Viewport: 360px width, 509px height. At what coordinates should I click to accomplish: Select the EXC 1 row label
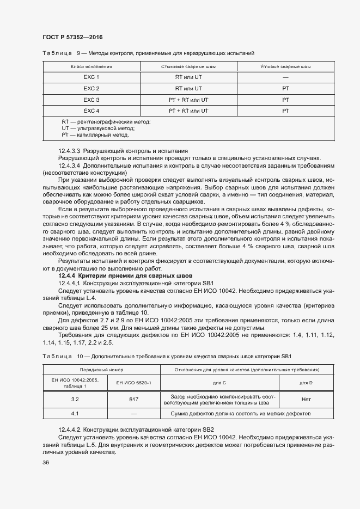point(91,77)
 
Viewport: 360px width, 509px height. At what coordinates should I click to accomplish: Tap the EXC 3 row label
point(91,100)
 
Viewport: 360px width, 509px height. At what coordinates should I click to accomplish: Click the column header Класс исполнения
point(91,66)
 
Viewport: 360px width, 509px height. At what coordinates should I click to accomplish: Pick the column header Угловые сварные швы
point(285,66)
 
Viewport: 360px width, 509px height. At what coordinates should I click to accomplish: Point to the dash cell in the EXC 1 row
point(285,77)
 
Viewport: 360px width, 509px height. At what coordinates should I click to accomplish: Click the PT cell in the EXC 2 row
point(285,89)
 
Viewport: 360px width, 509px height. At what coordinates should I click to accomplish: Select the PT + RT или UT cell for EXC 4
point(188,111)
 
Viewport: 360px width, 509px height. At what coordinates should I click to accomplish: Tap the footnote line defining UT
point(97,128)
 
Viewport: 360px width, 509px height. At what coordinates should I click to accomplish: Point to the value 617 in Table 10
point(133,400)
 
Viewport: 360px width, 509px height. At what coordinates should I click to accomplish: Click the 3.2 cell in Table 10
point(75,400)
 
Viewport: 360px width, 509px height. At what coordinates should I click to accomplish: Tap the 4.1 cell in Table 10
point(75,414)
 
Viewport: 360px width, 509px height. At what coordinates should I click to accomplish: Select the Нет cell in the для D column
point(306,400)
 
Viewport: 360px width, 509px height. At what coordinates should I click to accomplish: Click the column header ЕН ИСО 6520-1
point(133,383)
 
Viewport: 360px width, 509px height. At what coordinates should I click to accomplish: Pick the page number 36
point(46,463)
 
